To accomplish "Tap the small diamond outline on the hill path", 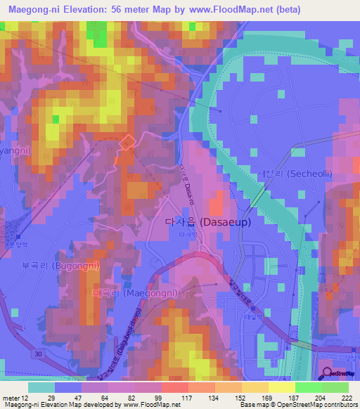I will point(127,143).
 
